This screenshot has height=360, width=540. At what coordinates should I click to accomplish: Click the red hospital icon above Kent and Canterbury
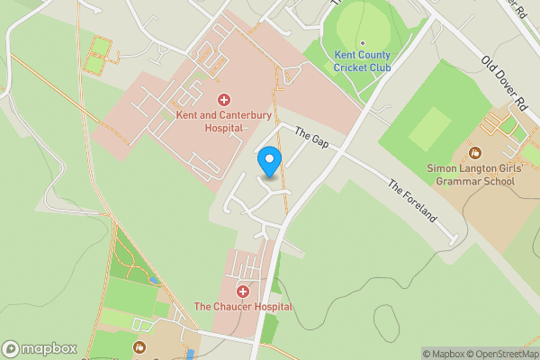click(224, 99)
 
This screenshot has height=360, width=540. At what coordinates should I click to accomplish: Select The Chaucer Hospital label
click(244, 307)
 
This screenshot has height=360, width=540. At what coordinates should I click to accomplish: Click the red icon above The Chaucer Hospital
click(243, 291)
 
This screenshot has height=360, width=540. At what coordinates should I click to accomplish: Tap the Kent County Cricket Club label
click(362, 61)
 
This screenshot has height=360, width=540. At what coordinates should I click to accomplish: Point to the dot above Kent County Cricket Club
click(362, 43)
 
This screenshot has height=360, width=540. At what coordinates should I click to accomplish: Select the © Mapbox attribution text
click(444, 354)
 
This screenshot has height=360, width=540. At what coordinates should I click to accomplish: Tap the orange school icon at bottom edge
click(139, 346)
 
